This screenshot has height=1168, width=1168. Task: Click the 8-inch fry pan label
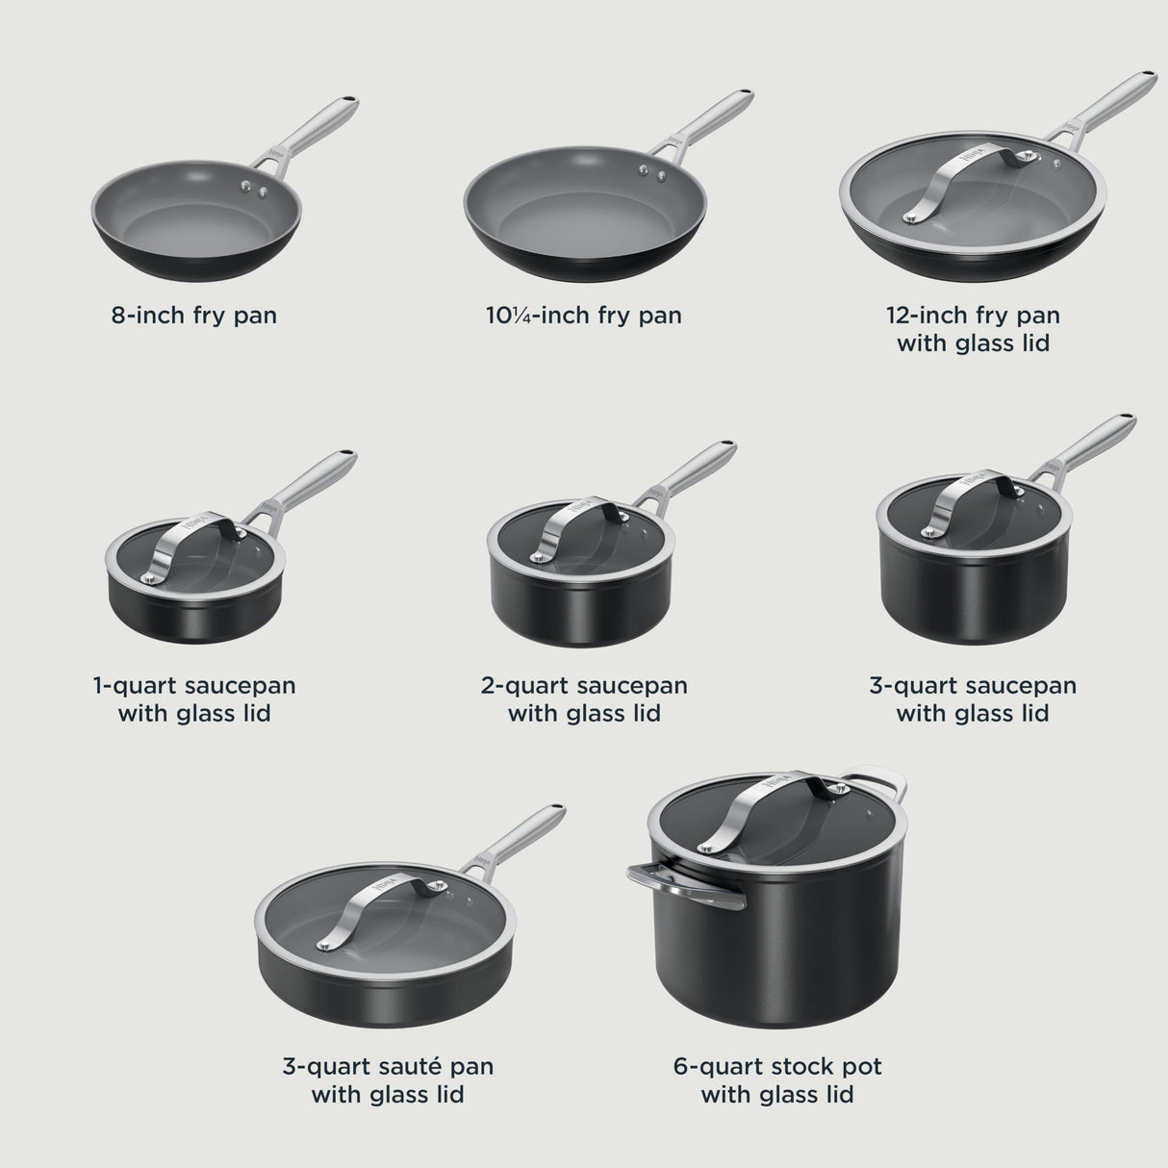click(x=194, y=315)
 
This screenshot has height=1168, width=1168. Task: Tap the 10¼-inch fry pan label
click(x=583, y=315)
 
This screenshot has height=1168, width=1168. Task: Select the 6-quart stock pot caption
click(x=777, y=1079)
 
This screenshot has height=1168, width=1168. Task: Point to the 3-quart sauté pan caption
click(x=388, y=1079)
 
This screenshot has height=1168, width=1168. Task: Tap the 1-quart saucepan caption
click(x=194, y=699)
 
